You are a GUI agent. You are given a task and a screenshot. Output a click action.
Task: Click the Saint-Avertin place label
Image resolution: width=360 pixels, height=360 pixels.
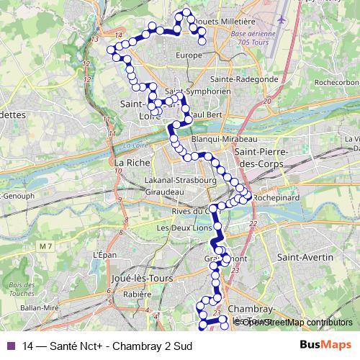305,257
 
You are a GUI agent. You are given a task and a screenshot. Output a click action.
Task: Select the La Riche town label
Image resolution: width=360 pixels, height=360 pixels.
130,163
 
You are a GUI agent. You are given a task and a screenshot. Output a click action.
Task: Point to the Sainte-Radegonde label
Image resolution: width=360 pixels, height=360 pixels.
245,78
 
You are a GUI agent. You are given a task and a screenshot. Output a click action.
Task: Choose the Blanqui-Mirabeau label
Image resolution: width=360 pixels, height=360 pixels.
225,138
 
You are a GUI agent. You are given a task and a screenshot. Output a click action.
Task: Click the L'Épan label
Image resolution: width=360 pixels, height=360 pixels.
104,255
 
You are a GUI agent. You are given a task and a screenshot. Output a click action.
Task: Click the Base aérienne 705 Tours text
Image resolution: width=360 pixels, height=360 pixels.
253,38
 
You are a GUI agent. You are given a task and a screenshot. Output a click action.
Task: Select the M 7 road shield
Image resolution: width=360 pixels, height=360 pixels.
47,247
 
